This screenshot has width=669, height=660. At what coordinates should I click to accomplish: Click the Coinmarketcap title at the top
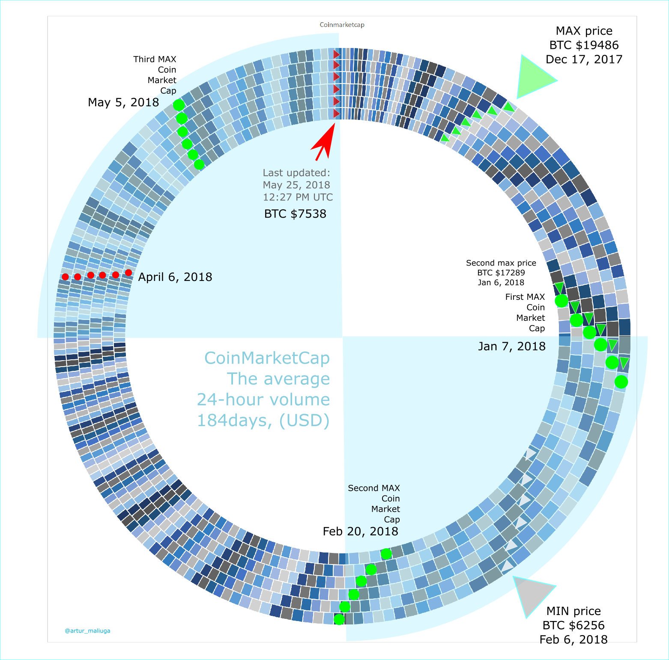point(342,25)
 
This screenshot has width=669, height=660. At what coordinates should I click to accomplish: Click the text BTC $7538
point(295,214)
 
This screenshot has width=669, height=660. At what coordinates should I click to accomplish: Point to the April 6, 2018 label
point(175,277)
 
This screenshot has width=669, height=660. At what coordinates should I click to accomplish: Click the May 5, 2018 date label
point(123,102)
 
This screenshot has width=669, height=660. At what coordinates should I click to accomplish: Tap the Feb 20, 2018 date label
point(360,532)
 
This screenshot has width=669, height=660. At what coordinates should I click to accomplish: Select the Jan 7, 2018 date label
point(512,346)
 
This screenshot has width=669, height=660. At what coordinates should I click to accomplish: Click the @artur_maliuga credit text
point(87,631)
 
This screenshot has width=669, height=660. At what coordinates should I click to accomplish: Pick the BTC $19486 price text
point(584,45)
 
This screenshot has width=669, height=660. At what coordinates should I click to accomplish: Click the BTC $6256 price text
point(573,625)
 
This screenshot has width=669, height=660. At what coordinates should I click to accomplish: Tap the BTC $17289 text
point(501,273)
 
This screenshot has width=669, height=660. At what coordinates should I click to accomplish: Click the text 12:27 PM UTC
point(298,197)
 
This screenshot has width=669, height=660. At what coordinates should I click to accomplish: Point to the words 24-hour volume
point(263,400)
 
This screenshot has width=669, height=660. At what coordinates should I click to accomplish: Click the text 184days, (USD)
point(263,421)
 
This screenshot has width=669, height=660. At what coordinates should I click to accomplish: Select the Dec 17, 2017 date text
point(584,59)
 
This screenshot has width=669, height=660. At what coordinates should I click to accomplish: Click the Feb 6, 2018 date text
point(573,639)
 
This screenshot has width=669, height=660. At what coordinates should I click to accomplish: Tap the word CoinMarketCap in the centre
point(267,358)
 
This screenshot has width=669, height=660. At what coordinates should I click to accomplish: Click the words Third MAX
point(155,59)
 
